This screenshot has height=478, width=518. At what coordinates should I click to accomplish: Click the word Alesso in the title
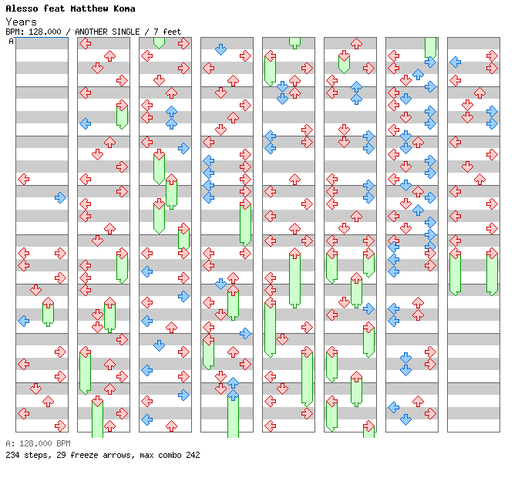point(21,8)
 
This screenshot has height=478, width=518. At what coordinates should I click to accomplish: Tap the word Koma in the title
point(123,8)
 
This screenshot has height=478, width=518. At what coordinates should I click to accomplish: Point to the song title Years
point(21,22)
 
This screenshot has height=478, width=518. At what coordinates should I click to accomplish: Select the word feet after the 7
point(171,32)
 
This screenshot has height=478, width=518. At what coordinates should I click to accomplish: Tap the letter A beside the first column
point(12,41)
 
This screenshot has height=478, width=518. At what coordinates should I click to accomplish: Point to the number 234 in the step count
point(13,455)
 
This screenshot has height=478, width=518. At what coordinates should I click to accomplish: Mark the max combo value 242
point(191,455)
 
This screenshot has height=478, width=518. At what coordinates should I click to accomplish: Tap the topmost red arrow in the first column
point(23,179)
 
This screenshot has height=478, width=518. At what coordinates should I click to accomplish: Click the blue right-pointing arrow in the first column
point(60,197)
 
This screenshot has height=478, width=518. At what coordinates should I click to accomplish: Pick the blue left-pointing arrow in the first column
point(23,321)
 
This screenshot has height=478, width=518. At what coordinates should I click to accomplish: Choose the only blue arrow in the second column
point(85,123)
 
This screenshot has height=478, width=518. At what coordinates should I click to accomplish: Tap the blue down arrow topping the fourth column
point(220,49)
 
